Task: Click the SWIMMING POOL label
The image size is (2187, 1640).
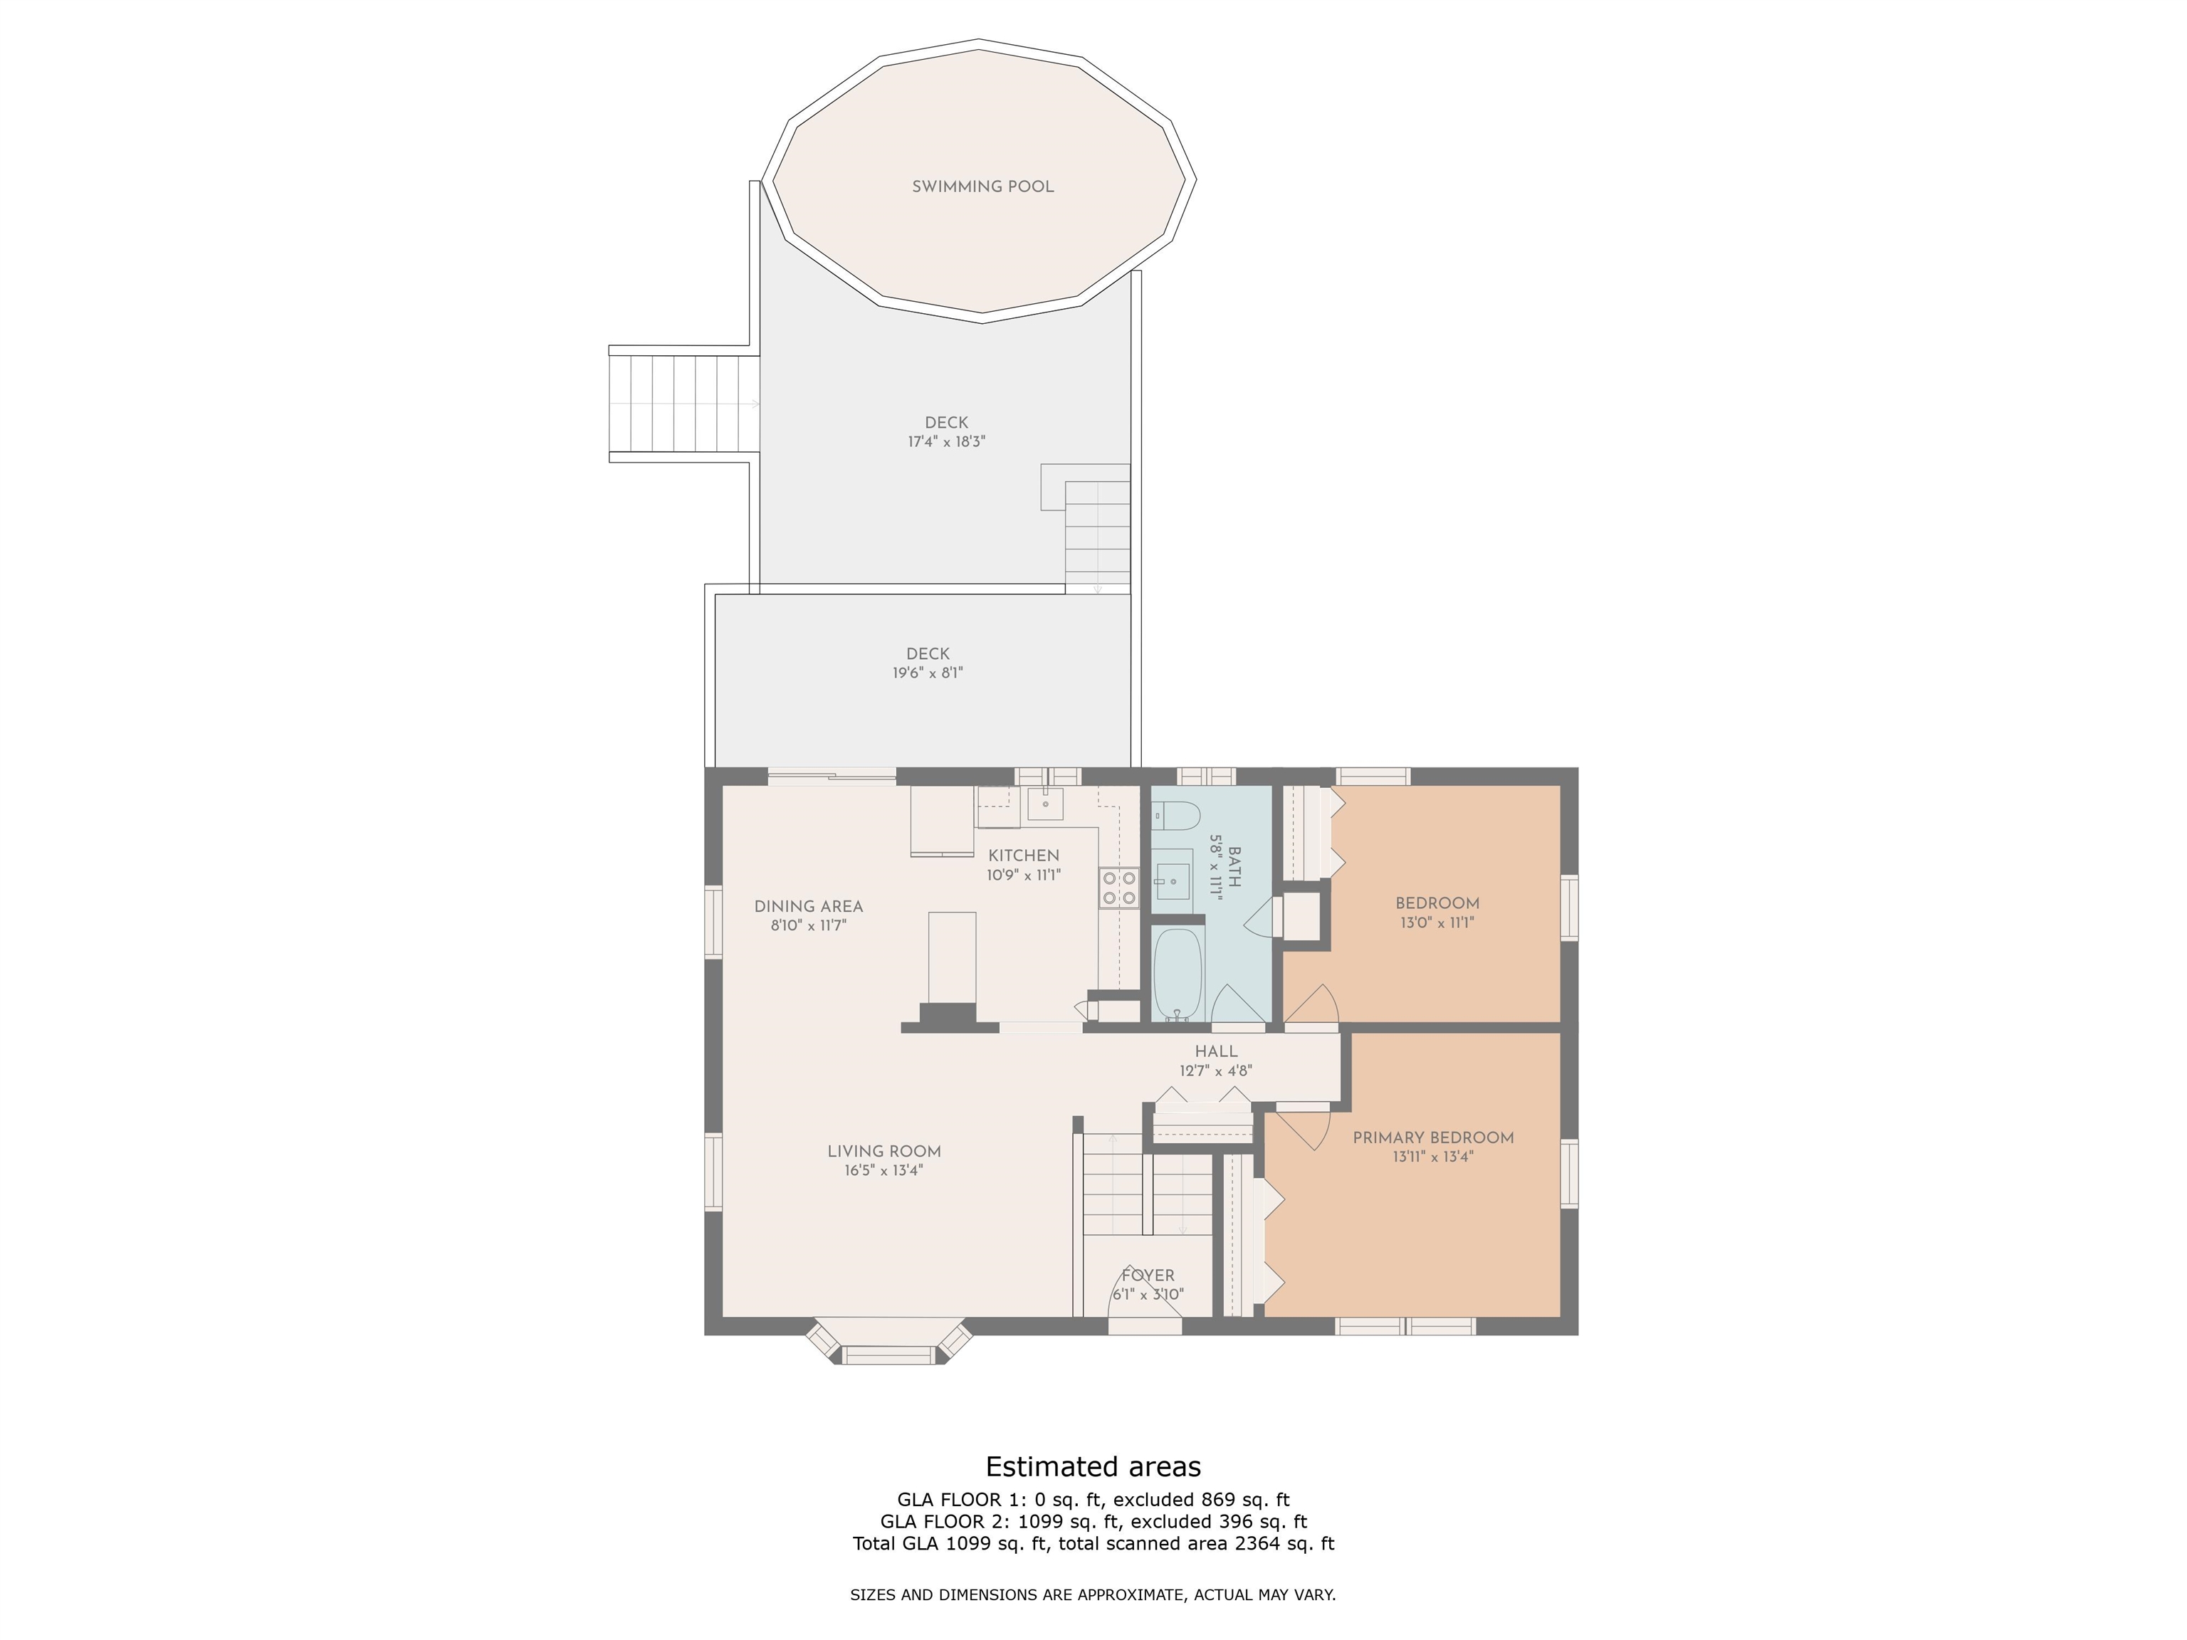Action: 982,186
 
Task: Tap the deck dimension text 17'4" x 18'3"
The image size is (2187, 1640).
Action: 946,442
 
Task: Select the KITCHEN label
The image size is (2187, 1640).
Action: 1023,855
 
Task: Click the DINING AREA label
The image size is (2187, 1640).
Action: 809,907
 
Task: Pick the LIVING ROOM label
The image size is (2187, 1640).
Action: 884,1152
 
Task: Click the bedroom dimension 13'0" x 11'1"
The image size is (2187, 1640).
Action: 1437,923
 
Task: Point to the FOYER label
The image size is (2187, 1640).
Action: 1148,1276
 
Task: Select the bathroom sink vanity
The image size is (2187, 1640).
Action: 1173,875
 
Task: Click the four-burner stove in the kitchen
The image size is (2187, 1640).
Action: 1119,888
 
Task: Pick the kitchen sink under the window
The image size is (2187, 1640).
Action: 1045,804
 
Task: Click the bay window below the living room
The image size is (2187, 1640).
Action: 890,1342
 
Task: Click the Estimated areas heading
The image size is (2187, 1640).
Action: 1093,1466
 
